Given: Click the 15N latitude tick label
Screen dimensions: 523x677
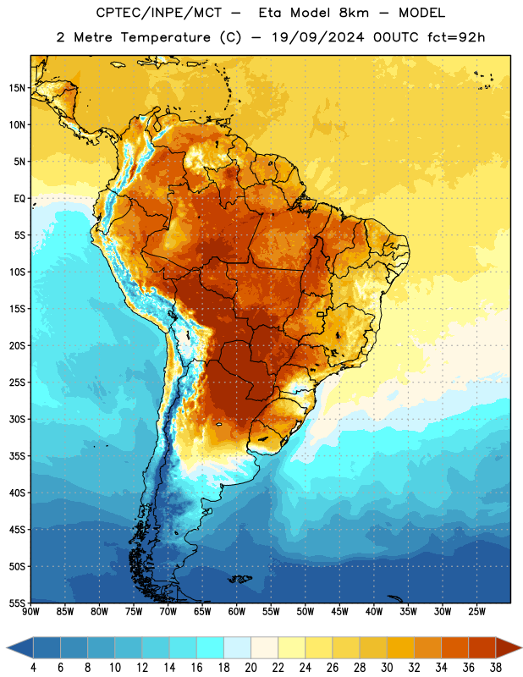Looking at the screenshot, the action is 17,88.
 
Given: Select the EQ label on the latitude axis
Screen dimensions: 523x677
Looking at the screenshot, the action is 19,199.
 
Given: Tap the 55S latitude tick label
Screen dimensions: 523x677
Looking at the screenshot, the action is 17,603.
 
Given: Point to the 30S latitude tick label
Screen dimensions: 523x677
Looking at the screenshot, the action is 17,419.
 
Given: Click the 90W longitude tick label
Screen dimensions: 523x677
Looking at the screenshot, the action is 31,612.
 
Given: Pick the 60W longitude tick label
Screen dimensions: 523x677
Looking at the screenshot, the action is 237,612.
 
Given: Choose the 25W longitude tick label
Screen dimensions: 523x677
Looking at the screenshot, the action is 476,612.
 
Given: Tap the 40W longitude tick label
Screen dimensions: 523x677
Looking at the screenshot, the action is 374,612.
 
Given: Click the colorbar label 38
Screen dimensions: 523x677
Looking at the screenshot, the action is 496,668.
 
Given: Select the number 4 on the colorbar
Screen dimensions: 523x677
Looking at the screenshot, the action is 33,668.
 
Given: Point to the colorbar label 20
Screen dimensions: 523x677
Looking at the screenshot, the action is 250,668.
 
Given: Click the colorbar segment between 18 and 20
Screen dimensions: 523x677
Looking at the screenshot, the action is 237,647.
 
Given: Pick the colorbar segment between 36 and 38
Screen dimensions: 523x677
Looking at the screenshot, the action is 482,647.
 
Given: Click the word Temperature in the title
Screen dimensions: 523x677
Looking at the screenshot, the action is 165,37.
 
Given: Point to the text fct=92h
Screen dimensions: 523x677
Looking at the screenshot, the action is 456,37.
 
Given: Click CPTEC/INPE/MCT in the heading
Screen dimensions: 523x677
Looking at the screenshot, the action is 158,14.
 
